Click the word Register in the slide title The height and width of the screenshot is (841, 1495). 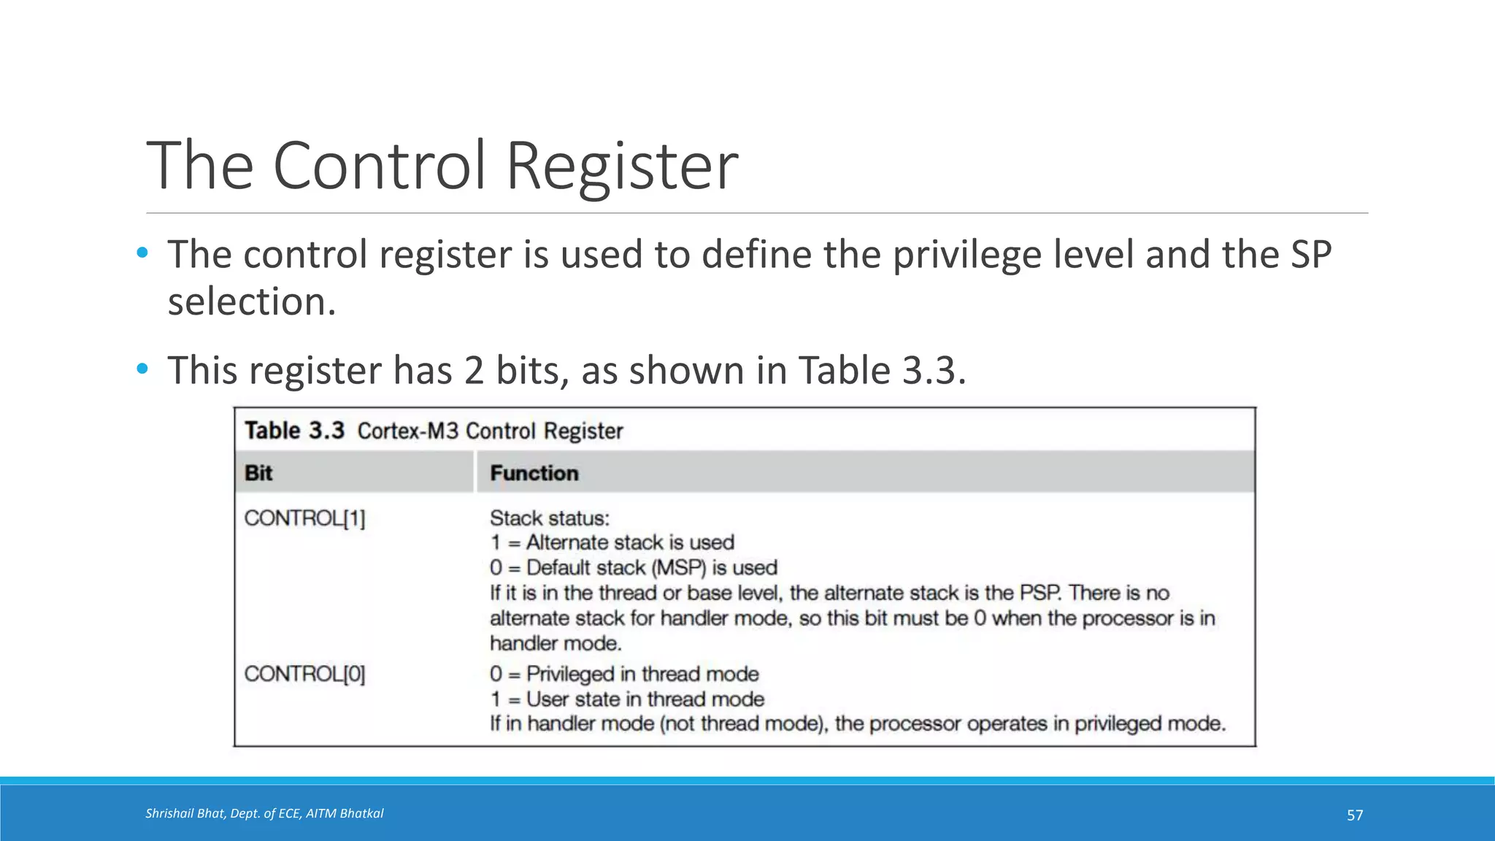click(621, 166)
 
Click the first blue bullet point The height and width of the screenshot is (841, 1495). click(142, 253)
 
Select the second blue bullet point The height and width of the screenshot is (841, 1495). click(142, 369)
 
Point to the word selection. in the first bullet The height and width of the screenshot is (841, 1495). click(252, 302)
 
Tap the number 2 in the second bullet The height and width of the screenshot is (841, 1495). click(474, 370)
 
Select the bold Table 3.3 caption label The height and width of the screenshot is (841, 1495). click(294, 430)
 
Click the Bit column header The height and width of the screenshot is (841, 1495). click(258, 473)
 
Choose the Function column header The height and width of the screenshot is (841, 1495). click(534, 473)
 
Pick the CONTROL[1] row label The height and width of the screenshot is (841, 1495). click(304, 518)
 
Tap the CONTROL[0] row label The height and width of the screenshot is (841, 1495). click(304, 673)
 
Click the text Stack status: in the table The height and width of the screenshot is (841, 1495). click(550, 518)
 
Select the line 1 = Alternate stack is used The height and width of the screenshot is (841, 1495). click(612, 542)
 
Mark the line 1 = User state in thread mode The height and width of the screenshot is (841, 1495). click(627, 699)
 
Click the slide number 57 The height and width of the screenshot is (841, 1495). click(1355, 815)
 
